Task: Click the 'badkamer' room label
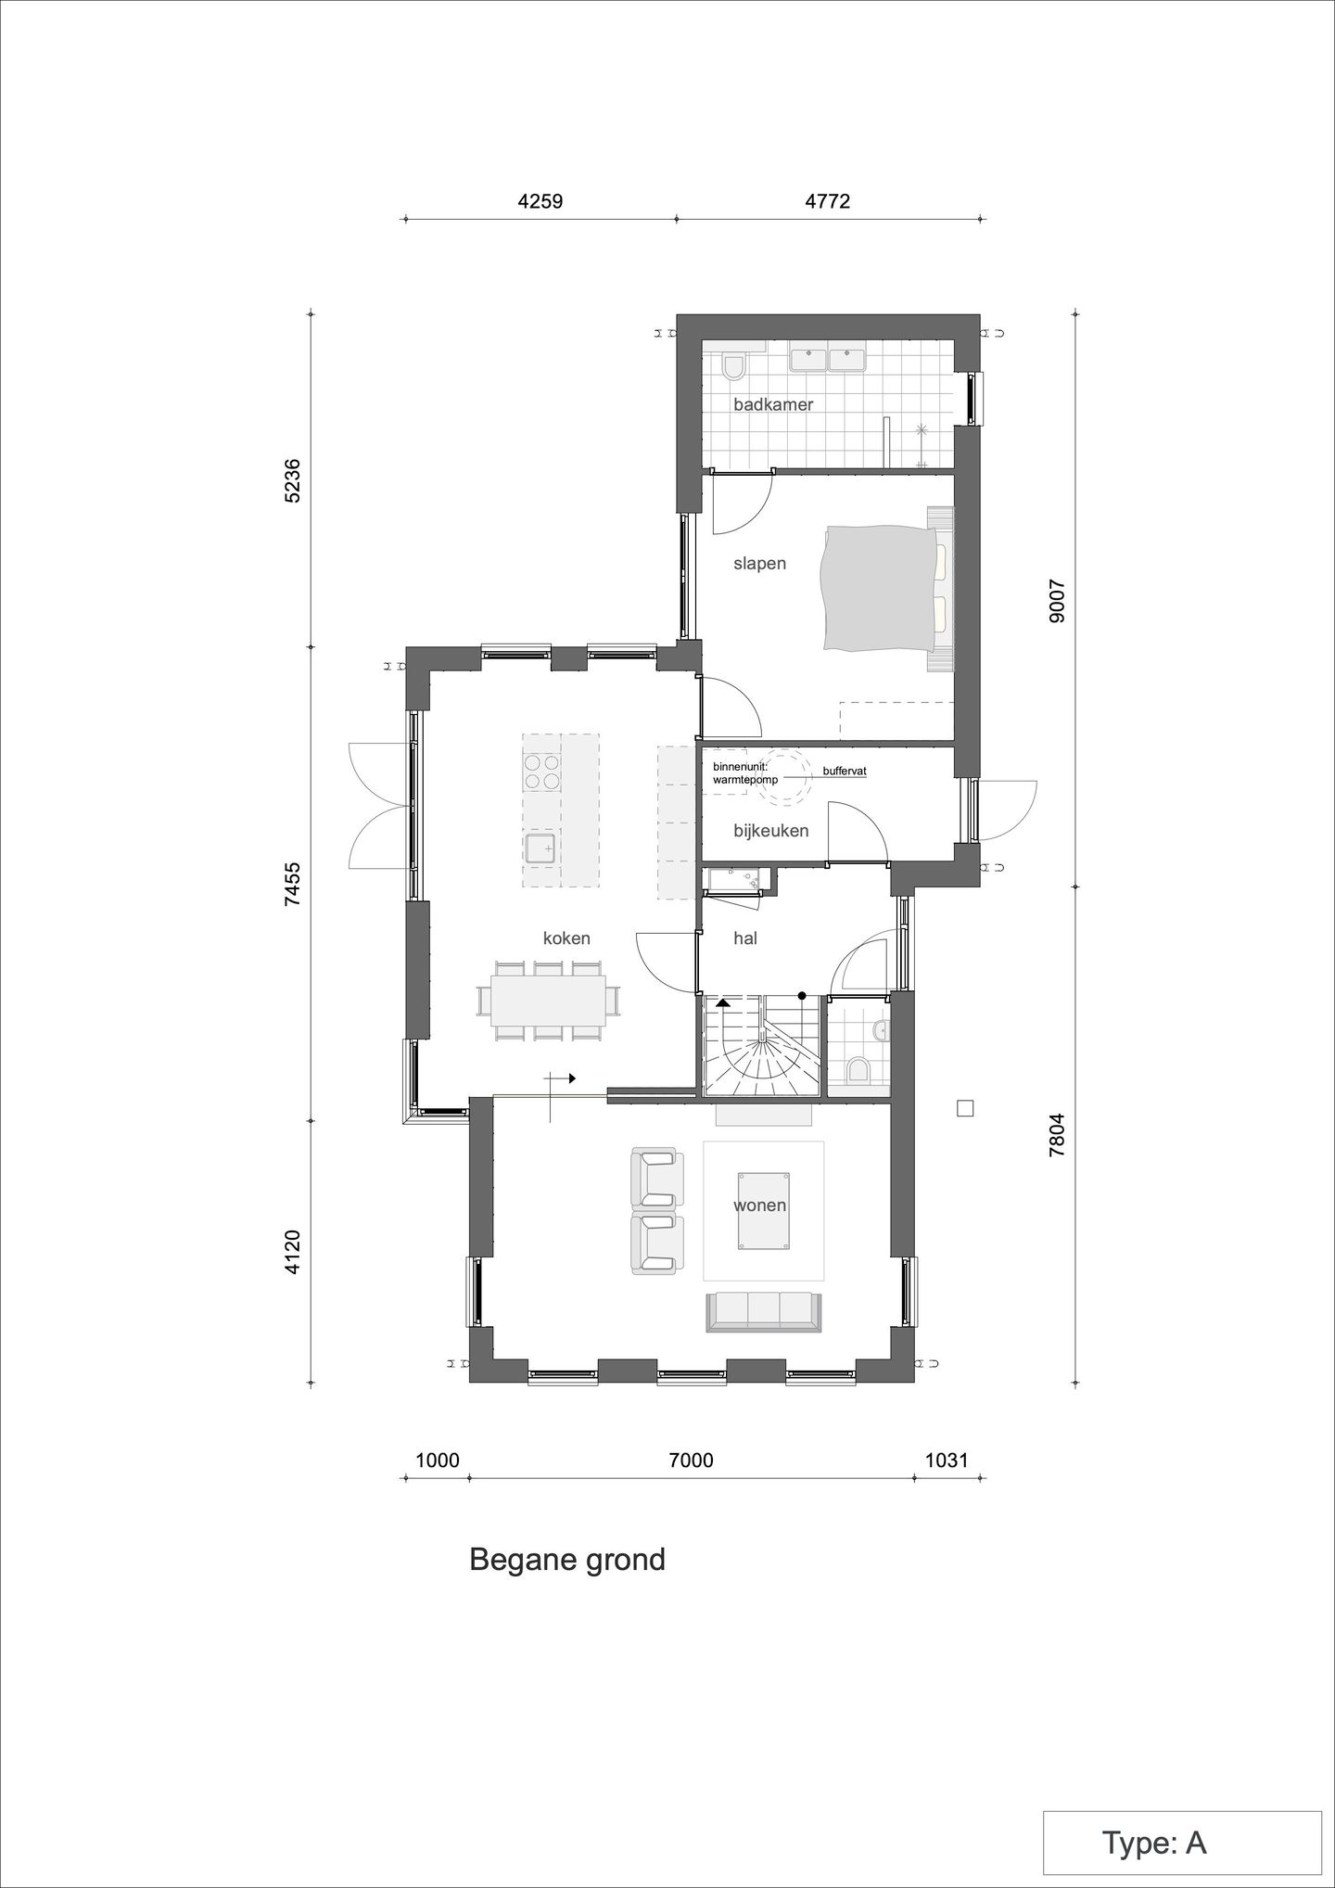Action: point(773,405)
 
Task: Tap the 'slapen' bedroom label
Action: point(759,564)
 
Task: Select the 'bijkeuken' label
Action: point(770,831)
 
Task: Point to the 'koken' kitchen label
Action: point(566,938)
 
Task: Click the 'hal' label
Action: point(745,938)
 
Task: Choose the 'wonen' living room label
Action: point(759,1206)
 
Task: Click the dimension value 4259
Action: point(540,201)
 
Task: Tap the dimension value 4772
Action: point(828,201)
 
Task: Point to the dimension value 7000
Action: point(692,1461)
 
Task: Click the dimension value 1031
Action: point(947,1461)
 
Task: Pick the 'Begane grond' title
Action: point(567,1560)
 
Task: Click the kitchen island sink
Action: point(540,848)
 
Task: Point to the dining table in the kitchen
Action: point(549,1001)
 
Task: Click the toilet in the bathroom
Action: point(733,368)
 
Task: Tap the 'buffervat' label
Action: point(844,771)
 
